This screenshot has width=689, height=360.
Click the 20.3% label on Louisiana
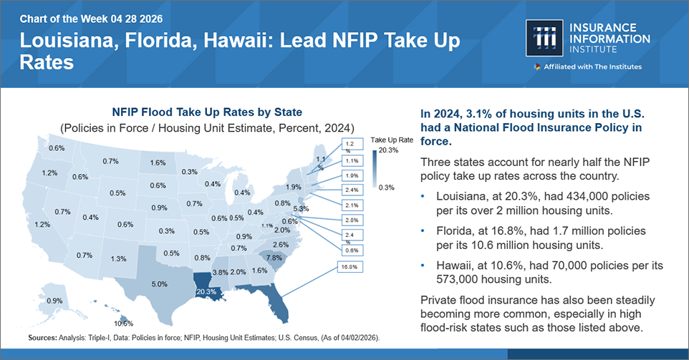[206, 291]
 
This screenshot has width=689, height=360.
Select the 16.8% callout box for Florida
[349, 266]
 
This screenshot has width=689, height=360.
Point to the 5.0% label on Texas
[159, 284]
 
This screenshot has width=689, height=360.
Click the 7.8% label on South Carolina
[274, 257]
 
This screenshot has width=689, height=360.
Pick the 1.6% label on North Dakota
[158, 162]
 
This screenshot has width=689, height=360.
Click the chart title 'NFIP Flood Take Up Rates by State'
[207, 112]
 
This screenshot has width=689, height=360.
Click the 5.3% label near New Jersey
[302, 209]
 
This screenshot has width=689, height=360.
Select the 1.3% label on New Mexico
[119, 258]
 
